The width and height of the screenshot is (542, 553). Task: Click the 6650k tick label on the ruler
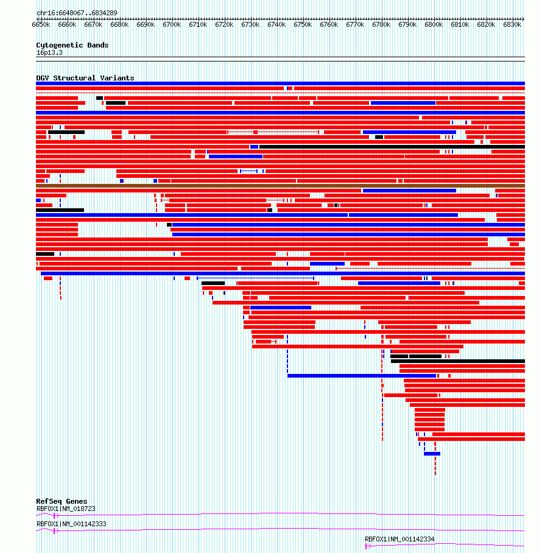click(x=41, y=25)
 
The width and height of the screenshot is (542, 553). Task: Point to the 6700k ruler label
click(x=172, y=25)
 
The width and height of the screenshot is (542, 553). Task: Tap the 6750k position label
click(x=303, y=25)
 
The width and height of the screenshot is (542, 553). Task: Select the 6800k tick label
click(x=434, y=25)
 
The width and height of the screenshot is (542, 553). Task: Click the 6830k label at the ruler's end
click(x=512, y=25)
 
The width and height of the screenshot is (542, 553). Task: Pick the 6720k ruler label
click(x=224, y=25)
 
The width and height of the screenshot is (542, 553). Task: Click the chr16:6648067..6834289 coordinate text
click(x=77, y=13)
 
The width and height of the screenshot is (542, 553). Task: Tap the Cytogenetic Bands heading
click(x=72, y=45)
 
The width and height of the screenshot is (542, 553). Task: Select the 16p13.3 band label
click(x=49, y=53)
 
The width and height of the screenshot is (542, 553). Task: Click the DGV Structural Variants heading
click(x=85, y=78)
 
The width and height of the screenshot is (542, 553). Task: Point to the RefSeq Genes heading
click(x=62, y=501)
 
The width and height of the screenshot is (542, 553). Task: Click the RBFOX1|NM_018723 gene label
click(x=66, y=509)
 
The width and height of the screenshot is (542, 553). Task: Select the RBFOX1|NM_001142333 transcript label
click(x=71, y=524)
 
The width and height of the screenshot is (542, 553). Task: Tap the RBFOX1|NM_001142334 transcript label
click(x=399, y=539)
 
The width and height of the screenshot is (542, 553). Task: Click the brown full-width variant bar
click(x=280, y=186)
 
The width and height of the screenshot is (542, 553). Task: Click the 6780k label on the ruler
click(x=381, y=25)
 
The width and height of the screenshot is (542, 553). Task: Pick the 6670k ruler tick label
click(x=93, y=25)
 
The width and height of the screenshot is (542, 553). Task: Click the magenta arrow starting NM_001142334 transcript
click(x=368, y=546)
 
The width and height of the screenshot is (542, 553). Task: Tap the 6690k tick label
click(x=146, y=25)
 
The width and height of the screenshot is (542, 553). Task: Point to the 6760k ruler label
click(x=329, y=25)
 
